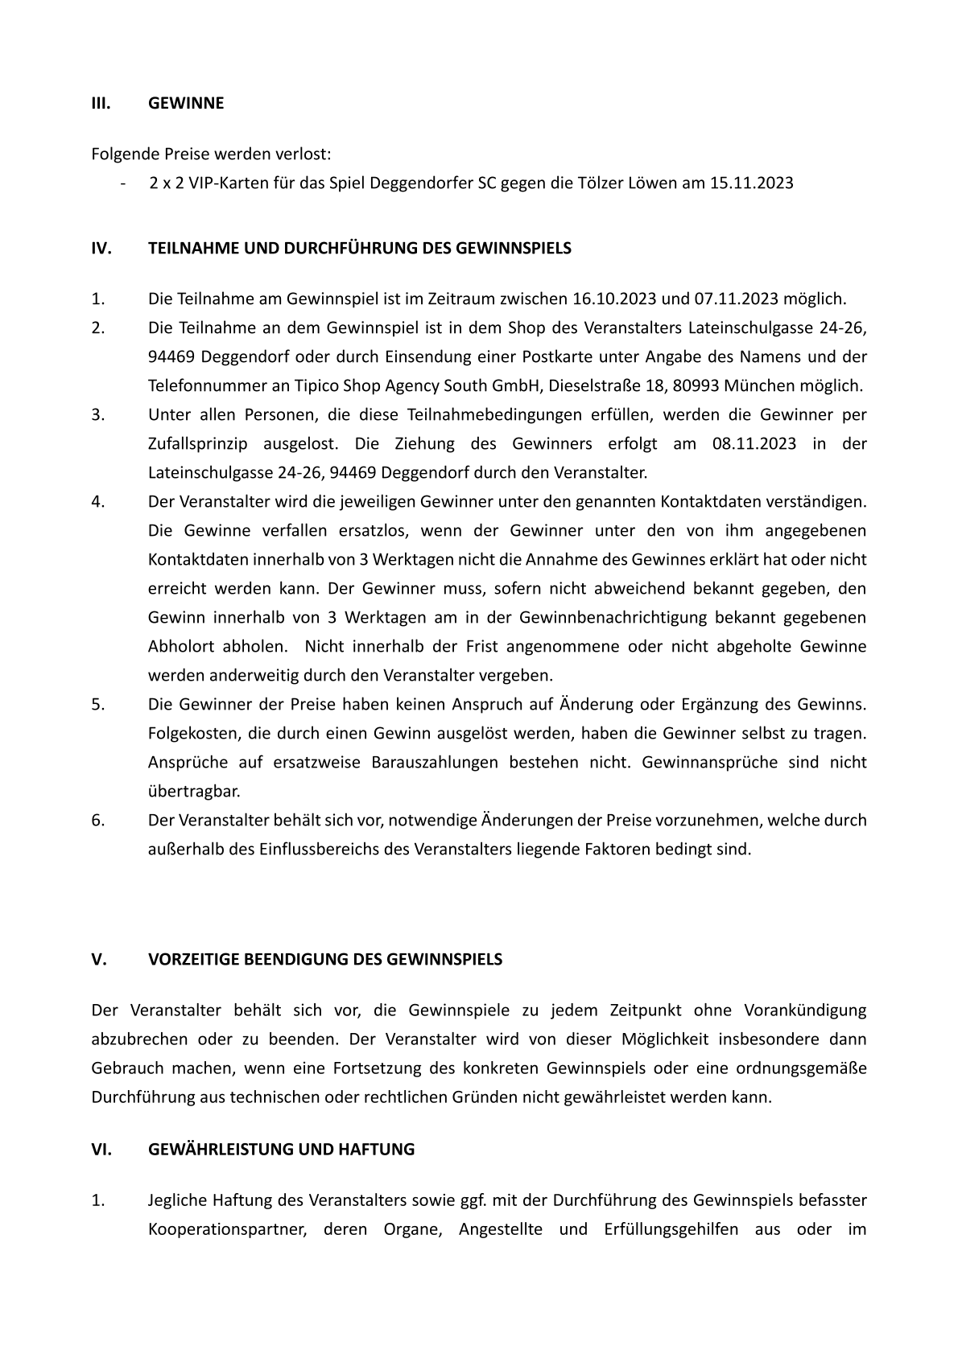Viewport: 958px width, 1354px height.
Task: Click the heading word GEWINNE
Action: click(x=186, y=103)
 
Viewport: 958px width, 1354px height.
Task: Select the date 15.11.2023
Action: click(x=751, y=183)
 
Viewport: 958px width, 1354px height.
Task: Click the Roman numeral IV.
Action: click(x=101, y=248)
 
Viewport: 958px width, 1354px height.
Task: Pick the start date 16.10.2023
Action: click(x=614, y=299)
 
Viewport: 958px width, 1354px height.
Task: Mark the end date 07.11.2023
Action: click(x=736, y=299)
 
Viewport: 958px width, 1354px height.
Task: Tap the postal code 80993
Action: click(x=696, y=385)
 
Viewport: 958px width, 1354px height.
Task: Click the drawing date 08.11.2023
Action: click(x=754, y=443)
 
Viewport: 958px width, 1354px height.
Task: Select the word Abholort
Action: click(x=178, y=646)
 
